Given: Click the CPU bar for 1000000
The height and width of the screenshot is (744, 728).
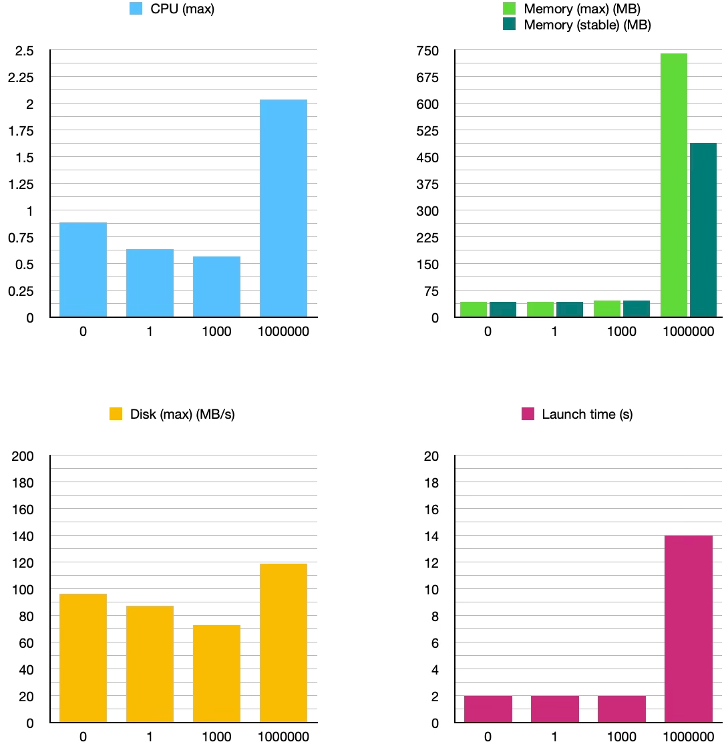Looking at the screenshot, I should pyautogui.click(x=283, y=208).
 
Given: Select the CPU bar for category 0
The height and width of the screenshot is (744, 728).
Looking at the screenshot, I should pyautogui.click(x=83, y=270).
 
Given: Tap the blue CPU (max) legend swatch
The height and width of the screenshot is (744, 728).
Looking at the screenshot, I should pyautogui.click(x=137, y=9).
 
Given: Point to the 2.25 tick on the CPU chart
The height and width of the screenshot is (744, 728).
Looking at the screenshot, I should pyautogui.click(x=20, y=77).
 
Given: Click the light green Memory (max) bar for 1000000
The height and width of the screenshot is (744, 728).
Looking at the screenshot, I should pyautogui.click(x=673, y=185).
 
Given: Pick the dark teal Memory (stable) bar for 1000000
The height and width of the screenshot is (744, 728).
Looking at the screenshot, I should pyautogui.click(x=703, y=230).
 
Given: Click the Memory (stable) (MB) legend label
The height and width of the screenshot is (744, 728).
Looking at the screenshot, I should pyautogui.click(x=587, y=25).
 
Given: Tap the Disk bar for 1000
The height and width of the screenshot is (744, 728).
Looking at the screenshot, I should pyautogui.click(x=216, y=674).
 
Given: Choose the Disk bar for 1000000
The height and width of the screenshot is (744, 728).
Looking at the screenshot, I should pyautogui.click(x=283, y=643).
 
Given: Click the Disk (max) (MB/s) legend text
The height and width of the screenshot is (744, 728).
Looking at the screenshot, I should pyautogui.click(x=182, y=414).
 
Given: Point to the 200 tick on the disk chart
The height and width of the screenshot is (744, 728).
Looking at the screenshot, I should pyautogui.click(x=23, y=456).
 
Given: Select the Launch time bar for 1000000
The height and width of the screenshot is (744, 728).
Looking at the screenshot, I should pyautogui.click(x=688, y=629).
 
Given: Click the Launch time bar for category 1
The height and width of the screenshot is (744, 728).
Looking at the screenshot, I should pyautogui.click(x=554, y=709).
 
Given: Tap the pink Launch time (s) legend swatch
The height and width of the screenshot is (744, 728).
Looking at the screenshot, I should pyautogui.click(x=528, y=414).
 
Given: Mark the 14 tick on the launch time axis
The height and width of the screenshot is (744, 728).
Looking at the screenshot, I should pyautogui.click(x=431, y=536).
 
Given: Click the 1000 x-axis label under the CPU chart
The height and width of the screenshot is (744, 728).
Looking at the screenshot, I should pyautogui.click(x=216, y=331).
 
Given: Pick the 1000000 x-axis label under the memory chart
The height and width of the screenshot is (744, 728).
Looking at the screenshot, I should pyautogui.click(x=688, y=331).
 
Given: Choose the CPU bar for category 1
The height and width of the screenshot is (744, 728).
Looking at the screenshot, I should pyautogui.click(x=150, y=283).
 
